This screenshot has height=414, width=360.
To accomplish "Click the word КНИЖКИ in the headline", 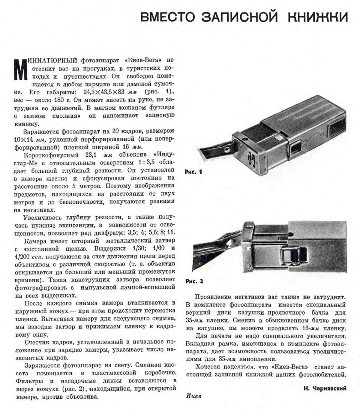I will coord(318,17).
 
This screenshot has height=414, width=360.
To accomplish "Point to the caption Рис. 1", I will coord(193,172).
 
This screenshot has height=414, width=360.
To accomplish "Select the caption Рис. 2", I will coord(194,281).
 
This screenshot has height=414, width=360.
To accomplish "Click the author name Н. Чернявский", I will coord(325,388).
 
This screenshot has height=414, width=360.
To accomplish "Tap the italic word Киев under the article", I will coord(193,396).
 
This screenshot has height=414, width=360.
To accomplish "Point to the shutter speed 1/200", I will coord(22,257).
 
